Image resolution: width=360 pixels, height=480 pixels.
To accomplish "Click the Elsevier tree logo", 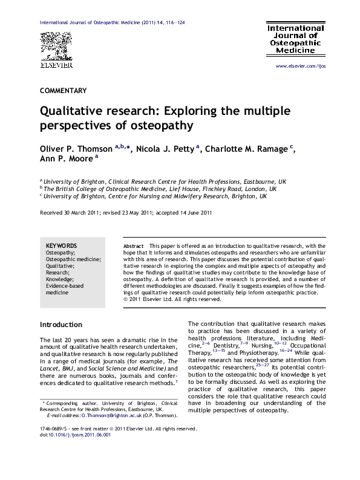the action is click(56, 45).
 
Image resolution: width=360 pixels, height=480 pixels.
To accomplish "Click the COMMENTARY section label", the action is click(63, 91).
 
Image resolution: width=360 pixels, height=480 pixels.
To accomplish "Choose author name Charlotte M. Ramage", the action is click(248, 149).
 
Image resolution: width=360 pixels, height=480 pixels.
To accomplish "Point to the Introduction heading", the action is click(61, 325).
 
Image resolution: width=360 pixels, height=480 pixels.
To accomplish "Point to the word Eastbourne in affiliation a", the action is click(257, 180).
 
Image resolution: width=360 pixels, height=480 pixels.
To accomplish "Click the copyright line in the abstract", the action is click(164, 299).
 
